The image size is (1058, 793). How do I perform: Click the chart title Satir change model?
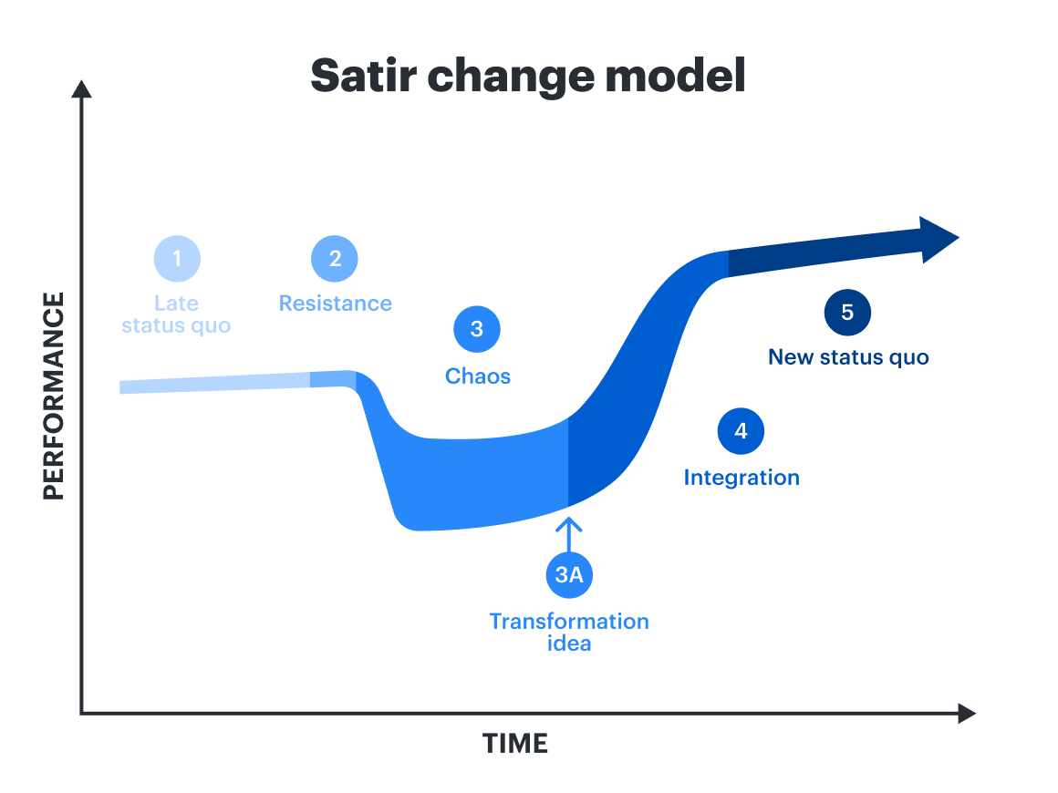point(528,76)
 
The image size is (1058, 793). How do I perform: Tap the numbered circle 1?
point(177,259)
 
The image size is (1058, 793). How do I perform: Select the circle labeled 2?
point(335,259)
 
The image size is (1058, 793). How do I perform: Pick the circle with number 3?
point(477,329)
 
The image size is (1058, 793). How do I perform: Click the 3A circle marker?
point(569,575)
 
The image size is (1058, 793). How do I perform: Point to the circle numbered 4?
point(741,431)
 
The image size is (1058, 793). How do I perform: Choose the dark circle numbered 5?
point(847,313)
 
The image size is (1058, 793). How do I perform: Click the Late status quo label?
point(176,314)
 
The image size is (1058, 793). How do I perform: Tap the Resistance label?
point(335,304)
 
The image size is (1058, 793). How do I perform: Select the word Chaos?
point(477,376)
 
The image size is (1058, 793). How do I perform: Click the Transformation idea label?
point(569,632)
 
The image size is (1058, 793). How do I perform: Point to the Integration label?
point(742,478)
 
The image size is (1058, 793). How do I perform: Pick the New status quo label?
point(848,357)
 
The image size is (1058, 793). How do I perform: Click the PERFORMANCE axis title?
point(55,396)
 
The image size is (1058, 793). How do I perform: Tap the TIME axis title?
point(515,744)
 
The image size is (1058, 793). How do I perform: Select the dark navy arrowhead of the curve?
point(937,240)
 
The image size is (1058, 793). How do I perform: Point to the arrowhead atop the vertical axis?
point(82,89)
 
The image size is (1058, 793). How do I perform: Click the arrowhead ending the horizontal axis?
point(966,713)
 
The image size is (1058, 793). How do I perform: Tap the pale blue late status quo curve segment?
point(214,384)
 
